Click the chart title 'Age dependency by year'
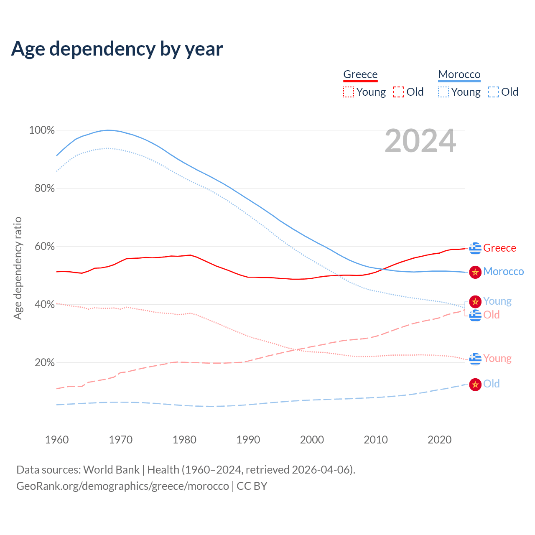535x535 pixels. pyautogui.click(x=117, y=49)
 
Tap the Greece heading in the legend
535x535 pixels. pyautogui.click(x=360, y=74)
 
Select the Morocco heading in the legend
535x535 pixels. pyautogui.click(x=459, y=74)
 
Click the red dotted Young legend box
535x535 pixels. pyautogui.click(x=349, y=92)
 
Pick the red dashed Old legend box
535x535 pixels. pyautogui.click(x=399, y=92)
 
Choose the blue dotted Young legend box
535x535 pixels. pyautogui.click(x=443, y=92)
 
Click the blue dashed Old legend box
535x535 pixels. pyautogui.click(x=494, y=92)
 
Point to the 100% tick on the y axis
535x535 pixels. pyautogui.click(x=42, y=130)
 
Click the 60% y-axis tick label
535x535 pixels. pyautogui.click(x=44, y=247)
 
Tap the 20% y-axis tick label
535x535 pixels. pyautogui.click(x=44, y=363)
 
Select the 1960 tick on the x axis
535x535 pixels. pyautogui.click(x=57, y=440)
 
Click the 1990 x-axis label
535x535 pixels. pyautogui.click(x=248, y=440)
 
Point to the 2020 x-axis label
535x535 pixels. pyautogui.click(x=440, y=440)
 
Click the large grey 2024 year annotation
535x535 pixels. pyautogui.click(x=420, y=141)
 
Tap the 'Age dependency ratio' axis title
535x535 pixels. pyautogui.click(x=18, y=268)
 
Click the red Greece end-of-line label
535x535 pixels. pyautogui.click(x=499, y=248)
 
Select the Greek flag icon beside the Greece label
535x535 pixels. pyautogui.click(x=475, y=248)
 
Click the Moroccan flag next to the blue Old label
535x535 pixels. pyautogui.click(x=475, y=385)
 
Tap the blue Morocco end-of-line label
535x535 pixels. pyautogui.click(x=503, y=272)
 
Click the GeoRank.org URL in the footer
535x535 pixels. pyautogui.click(x=122, y=486)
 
